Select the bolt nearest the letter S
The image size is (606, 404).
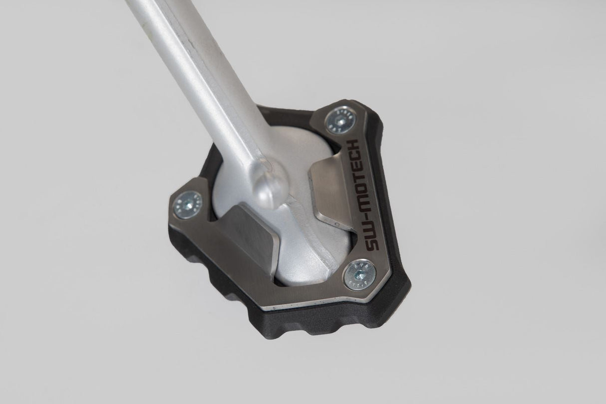[358, 272]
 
